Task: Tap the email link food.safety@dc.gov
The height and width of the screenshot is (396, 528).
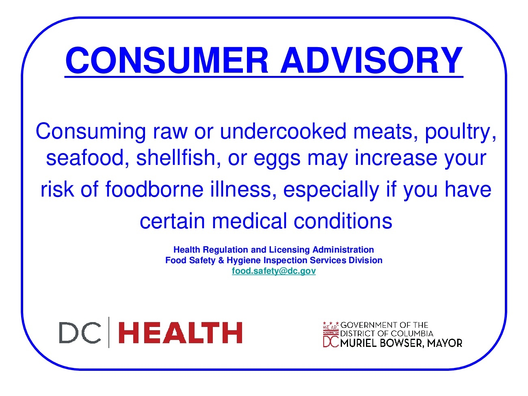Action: [273, 271]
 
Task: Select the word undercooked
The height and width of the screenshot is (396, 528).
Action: [283, 131]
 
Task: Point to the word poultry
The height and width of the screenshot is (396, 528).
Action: [460, 132]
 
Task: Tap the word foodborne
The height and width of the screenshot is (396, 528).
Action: [154, 189]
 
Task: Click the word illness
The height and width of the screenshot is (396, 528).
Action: [243, 189]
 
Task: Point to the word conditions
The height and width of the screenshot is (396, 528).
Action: [343, 221]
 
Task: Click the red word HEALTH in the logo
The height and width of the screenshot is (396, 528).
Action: [180, 333]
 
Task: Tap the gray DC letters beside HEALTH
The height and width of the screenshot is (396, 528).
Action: [80, 333]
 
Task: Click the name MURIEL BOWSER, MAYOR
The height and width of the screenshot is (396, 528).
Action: [401, 343]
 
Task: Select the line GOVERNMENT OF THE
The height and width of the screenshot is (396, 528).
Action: [384, 325]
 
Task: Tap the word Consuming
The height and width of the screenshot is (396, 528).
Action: [91, 132]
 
